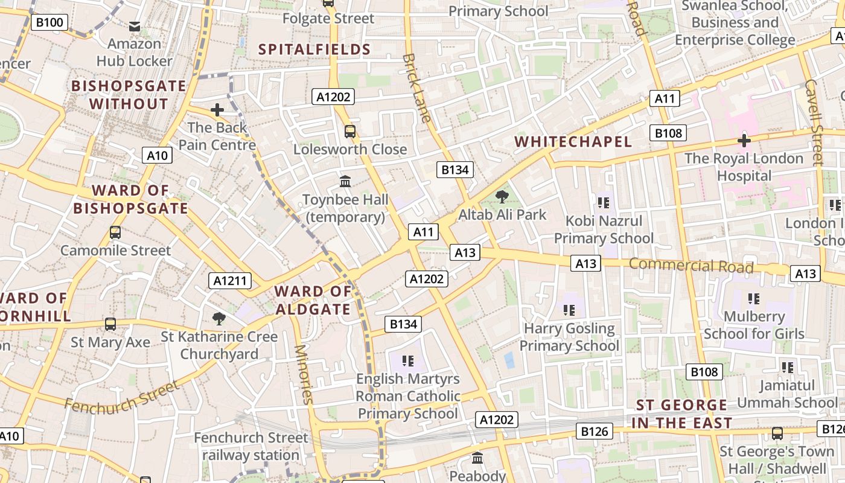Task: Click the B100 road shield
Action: pos(49,23)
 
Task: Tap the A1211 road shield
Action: pos(230,280)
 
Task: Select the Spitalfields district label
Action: pos(314,50)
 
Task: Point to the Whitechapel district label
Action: pos(573,142)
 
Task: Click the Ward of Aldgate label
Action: pos(313,300)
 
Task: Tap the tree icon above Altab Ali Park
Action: pos(502,196)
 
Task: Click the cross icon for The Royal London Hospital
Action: pos(744,141)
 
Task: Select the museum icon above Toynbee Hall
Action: pos(345,181)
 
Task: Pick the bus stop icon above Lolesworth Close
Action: pos(349,131)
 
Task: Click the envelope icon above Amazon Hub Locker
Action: pos(135,26)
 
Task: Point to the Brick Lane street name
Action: pos(416,88)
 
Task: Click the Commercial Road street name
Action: pos(691,265)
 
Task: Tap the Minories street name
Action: pos(304,374)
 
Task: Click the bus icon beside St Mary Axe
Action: pos(110,324)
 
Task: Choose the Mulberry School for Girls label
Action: pos(754,325)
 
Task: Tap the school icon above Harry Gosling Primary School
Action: pos(569,310)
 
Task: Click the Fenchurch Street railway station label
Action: pos(250,446)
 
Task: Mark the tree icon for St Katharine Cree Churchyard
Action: pos(219,318)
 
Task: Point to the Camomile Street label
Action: pos(115,250)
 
